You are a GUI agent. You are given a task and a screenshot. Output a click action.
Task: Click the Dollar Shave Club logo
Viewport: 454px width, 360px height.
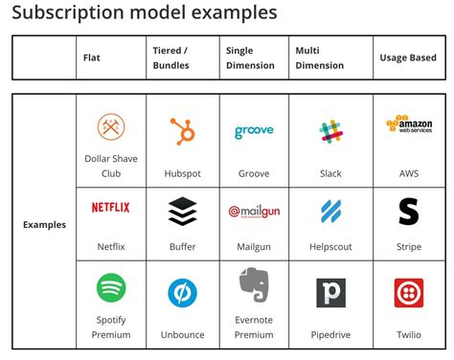pyautogui.click(x=111, y=126)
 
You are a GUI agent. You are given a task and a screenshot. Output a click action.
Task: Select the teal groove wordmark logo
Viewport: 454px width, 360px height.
pyautogui.click(x=253, y=132)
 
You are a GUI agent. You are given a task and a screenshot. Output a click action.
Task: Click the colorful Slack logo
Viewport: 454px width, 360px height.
pyautogui.click(x=331, y=132)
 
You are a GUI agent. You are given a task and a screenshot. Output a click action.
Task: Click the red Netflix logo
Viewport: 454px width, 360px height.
pyautogui.click(x=111, y=207)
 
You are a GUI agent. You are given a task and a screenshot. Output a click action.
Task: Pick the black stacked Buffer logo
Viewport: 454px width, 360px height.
pyautogui.click(x=182, y=211)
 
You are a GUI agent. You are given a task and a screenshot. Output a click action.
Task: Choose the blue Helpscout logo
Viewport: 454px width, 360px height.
pyautogui.click(x=331, y=212)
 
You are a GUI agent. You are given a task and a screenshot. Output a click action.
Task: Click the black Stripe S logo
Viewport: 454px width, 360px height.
pyautogui.click(x=409, y=211)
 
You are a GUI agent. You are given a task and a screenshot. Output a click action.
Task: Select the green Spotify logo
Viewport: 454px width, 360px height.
pyautogui.click(x=111, y=288)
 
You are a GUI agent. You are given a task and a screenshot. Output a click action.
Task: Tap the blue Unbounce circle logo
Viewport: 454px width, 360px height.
pyautogui.click(x=182, y=292)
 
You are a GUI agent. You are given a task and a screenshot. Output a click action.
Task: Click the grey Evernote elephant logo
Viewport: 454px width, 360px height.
pyautogui.click(x=253, y=286)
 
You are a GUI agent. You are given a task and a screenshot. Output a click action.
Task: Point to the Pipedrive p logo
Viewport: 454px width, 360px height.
pyautogui.click(x=330, y=292)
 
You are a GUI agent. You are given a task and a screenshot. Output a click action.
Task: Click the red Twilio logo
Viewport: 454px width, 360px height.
pyautogui.click(x=409, y=292)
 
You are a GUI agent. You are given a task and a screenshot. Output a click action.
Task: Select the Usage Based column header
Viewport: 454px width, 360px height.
pyautogui.click(x=409, y=58)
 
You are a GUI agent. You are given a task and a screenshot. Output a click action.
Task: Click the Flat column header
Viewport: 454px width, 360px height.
pyautogui.click(x=93, y=58)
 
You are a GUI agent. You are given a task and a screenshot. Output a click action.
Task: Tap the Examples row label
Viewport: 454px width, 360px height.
pyautogui.click(x=44, y=225)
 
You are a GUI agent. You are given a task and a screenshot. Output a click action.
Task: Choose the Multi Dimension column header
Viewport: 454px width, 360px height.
pyautogui.click(x=320, y=57)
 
